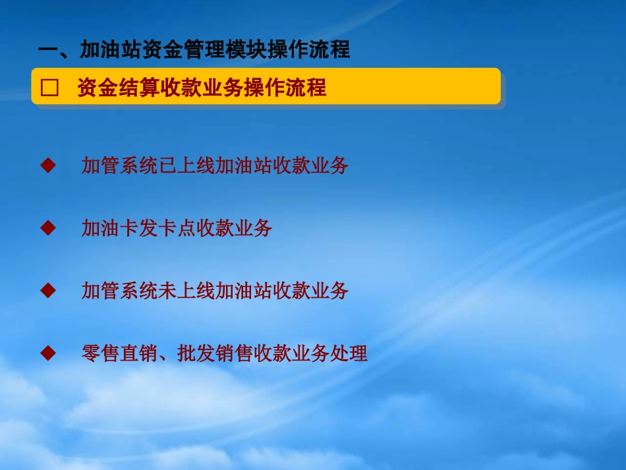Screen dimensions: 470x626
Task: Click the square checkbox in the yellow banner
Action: (x=50, y=88)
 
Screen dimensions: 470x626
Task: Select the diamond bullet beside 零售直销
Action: (x=48, y=353)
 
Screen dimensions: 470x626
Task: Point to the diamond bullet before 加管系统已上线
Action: (x=48, y=165)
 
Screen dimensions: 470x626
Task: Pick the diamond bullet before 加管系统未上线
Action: (x=48, y=290)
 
